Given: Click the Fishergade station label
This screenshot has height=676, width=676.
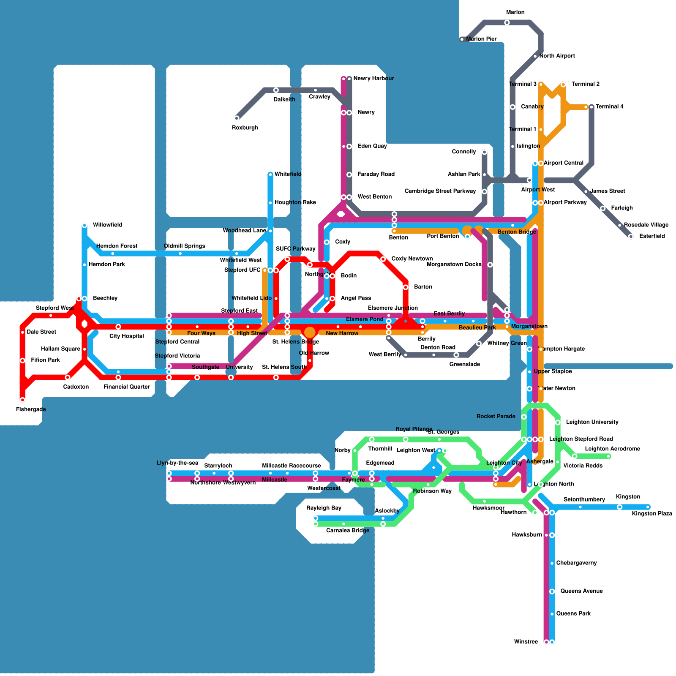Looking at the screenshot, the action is click(31, 409).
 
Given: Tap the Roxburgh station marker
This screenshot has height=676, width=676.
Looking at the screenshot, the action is click(237, 118).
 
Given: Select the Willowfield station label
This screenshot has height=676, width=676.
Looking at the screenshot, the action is click(107, 225).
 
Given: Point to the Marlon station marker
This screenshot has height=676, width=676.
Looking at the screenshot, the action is click(507, 22).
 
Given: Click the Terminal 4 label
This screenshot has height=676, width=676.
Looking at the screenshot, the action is click(609, 106).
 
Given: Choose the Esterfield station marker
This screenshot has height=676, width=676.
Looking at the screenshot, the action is click(631, 237).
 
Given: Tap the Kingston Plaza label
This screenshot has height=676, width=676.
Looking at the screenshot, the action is click(651, 514).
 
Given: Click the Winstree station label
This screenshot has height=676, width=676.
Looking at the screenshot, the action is click(526, 642).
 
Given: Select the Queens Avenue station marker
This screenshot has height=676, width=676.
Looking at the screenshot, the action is click(552, 591).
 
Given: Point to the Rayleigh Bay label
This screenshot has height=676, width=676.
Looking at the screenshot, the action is click(324, 508).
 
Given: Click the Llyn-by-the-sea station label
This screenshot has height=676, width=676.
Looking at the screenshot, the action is click(177, 463).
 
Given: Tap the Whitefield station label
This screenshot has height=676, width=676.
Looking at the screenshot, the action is click(288, 174).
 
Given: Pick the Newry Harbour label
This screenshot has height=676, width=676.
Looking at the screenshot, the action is click(373, 78).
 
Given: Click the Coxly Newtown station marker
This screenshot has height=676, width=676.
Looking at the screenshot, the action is click(383, 259).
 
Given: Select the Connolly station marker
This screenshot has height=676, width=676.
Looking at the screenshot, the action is click(484, 152).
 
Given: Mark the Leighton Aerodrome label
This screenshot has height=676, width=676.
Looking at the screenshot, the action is click(612, 449).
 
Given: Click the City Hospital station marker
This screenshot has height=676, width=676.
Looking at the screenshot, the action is click(118, 327).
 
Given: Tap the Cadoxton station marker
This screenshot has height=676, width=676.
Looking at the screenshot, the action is click(68, 377).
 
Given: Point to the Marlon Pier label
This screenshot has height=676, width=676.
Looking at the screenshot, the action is click(481, 39).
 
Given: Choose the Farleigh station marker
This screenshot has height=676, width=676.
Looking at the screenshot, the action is click(602, 208).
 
